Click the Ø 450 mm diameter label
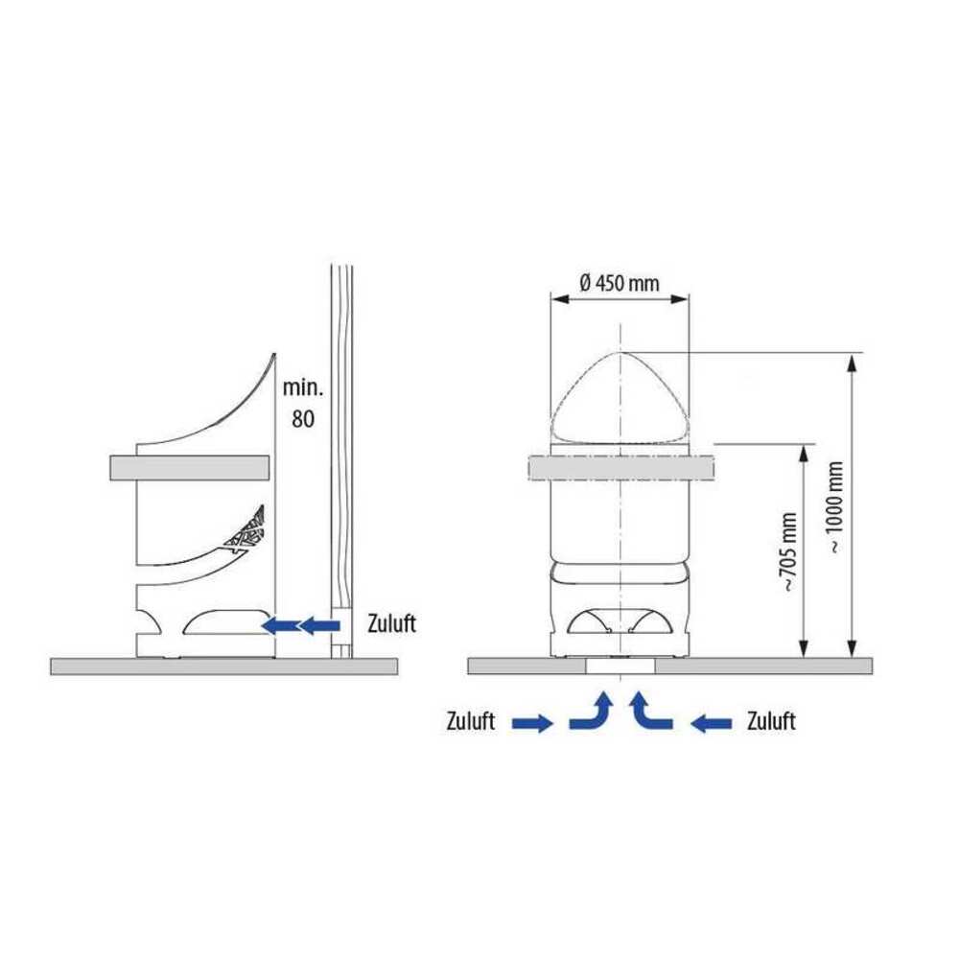[619, 283]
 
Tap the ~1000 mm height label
[836, 507]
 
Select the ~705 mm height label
[788, 552]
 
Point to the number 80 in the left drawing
[303, 419]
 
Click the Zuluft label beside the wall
[391, 623]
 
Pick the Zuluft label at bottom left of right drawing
[470, 721]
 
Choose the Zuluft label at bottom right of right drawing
[771, 721]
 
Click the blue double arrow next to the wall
[300, 625]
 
